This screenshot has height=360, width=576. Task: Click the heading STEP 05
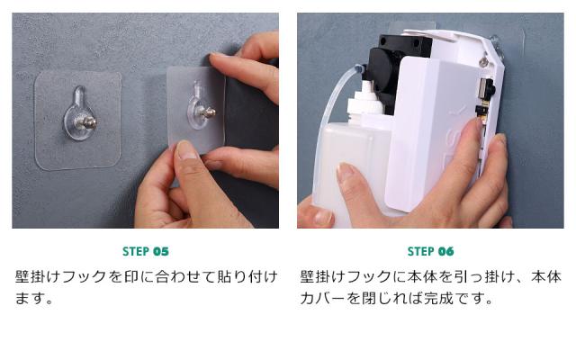pos(145,251)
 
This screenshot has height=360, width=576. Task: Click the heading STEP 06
pos(430,251)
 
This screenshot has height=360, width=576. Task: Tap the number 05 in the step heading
pos(160,251)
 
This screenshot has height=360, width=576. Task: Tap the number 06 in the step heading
pos(445,251)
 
